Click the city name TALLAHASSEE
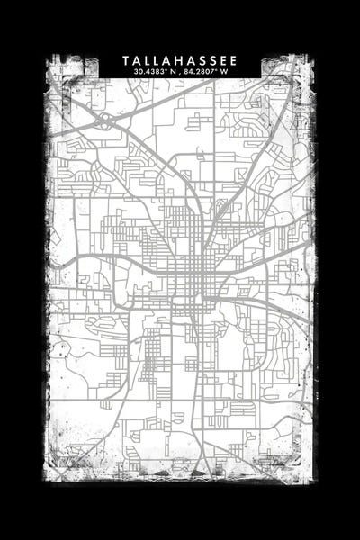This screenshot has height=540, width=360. point(180,60)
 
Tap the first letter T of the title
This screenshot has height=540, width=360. point(126,60)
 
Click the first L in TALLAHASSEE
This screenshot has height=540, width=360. point(148,60)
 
